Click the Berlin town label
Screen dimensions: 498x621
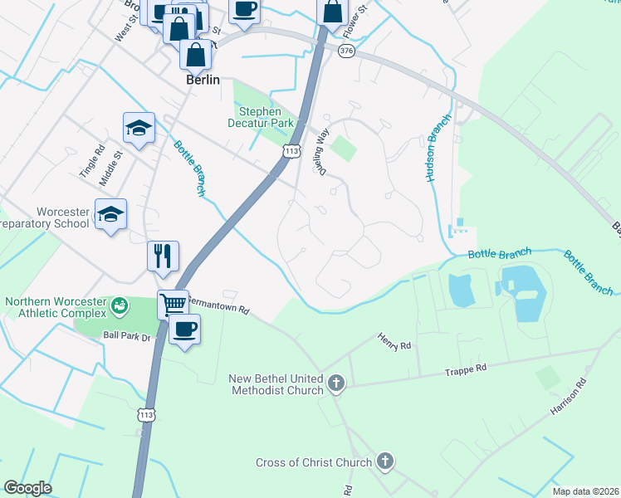(203, 80)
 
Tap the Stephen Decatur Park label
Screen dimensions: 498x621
(262, 117)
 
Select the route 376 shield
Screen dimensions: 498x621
(346, 51)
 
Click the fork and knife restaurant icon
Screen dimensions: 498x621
(163, 255)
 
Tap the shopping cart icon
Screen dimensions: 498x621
(173, 304)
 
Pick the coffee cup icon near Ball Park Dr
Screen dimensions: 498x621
(184, 329)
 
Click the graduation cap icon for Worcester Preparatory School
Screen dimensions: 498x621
(110, 214)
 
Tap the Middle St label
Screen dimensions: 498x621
(110, 165)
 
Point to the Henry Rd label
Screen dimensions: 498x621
(394, 342)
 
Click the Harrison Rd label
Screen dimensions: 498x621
(568, 398)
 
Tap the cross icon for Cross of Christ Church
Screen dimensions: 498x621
(384, 461)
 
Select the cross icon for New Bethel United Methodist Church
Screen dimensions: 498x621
(335, 383)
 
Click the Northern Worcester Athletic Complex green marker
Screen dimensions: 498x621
(121, 306)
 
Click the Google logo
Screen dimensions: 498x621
(28, 487)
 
